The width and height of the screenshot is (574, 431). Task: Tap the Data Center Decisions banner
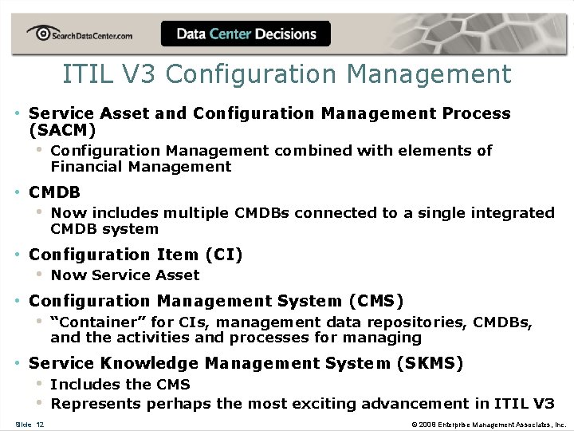click(246, 34)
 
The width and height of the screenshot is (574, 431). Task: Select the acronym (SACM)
click(62, 130)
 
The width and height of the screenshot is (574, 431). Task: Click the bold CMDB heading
click(54, 192)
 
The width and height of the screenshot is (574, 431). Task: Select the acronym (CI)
click(223, 255)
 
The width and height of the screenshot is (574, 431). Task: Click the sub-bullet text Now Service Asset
click(125, 275)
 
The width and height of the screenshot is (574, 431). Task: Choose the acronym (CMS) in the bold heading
click(375, 301)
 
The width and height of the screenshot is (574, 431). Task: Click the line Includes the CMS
click(120, 384)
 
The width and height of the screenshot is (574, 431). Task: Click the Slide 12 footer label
click(29, 424)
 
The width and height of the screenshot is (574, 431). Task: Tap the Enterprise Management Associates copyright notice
click(489, 424)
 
